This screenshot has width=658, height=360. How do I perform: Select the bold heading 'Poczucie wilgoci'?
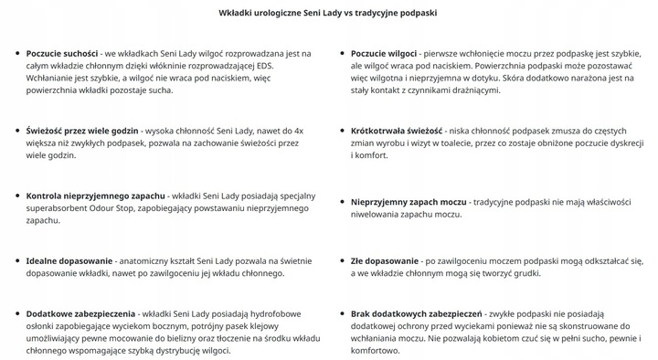(x=387, y=54)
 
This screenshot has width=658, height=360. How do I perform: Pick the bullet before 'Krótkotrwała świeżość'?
(x=341, y=131)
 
